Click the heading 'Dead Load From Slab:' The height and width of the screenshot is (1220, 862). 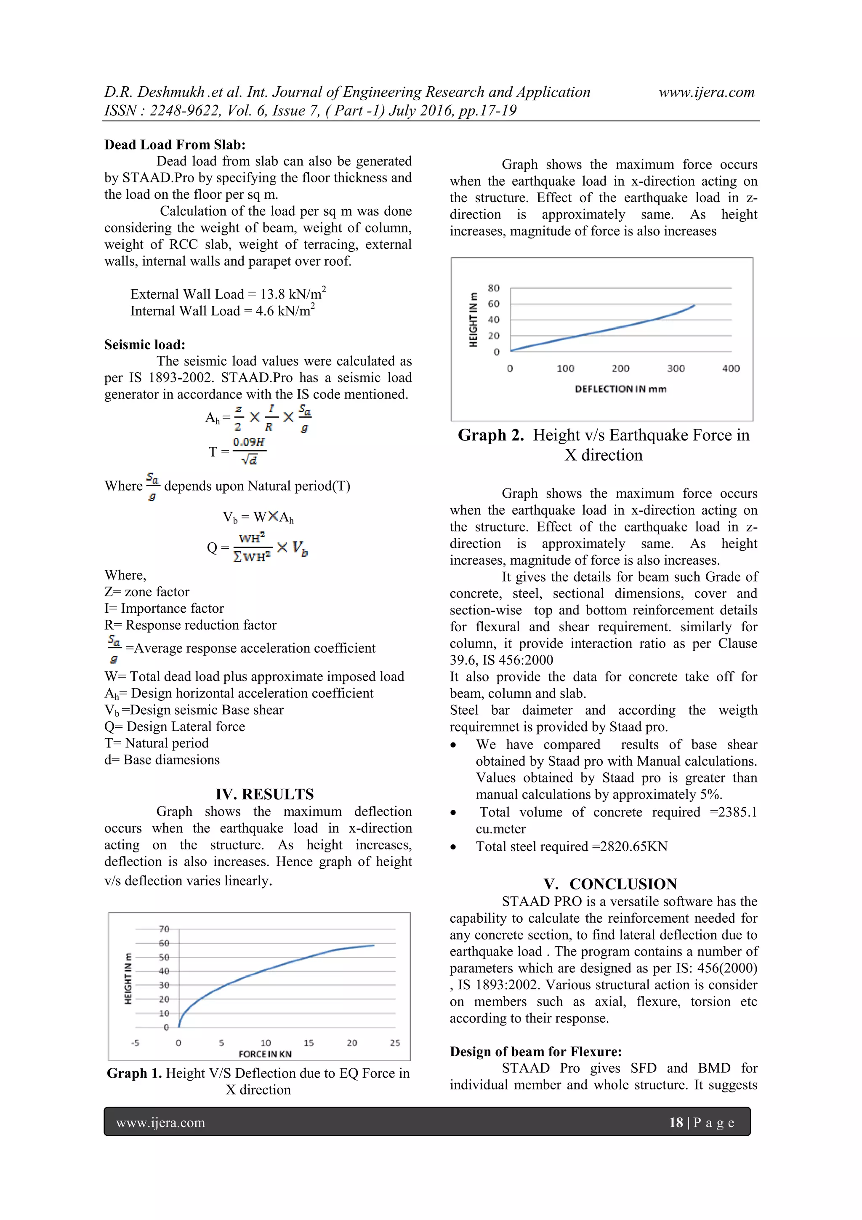click(175, 144)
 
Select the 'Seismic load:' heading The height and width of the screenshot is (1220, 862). click(144, 344)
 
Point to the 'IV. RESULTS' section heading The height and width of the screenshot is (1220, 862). click(264, 794)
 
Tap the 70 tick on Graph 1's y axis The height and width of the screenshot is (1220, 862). click(164, 929)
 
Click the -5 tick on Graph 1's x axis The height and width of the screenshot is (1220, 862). click(136, 1043)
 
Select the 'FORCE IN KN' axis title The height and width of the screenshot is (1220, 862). click(265, 1054)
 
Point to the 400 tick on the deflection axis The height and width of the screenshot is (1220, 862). click(731, 368)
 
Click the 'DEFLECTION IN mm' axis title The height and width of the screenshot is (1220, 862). click(620, 389)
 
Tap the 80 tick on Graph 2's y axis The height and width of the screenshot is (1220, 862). click(493, 288)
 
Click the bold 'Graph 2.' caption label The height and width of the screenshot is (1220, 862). click(491, 435)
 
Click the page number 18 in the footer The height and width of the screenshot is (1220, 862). click(676, 1122)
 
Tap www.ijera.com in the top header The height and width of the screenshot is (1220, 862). click(706, 92)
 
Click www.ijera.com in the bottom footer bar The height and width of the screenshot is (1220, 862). click(160, 1123)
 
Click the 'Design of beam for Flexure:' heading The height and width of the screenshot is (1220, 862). click(535, 1052)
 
